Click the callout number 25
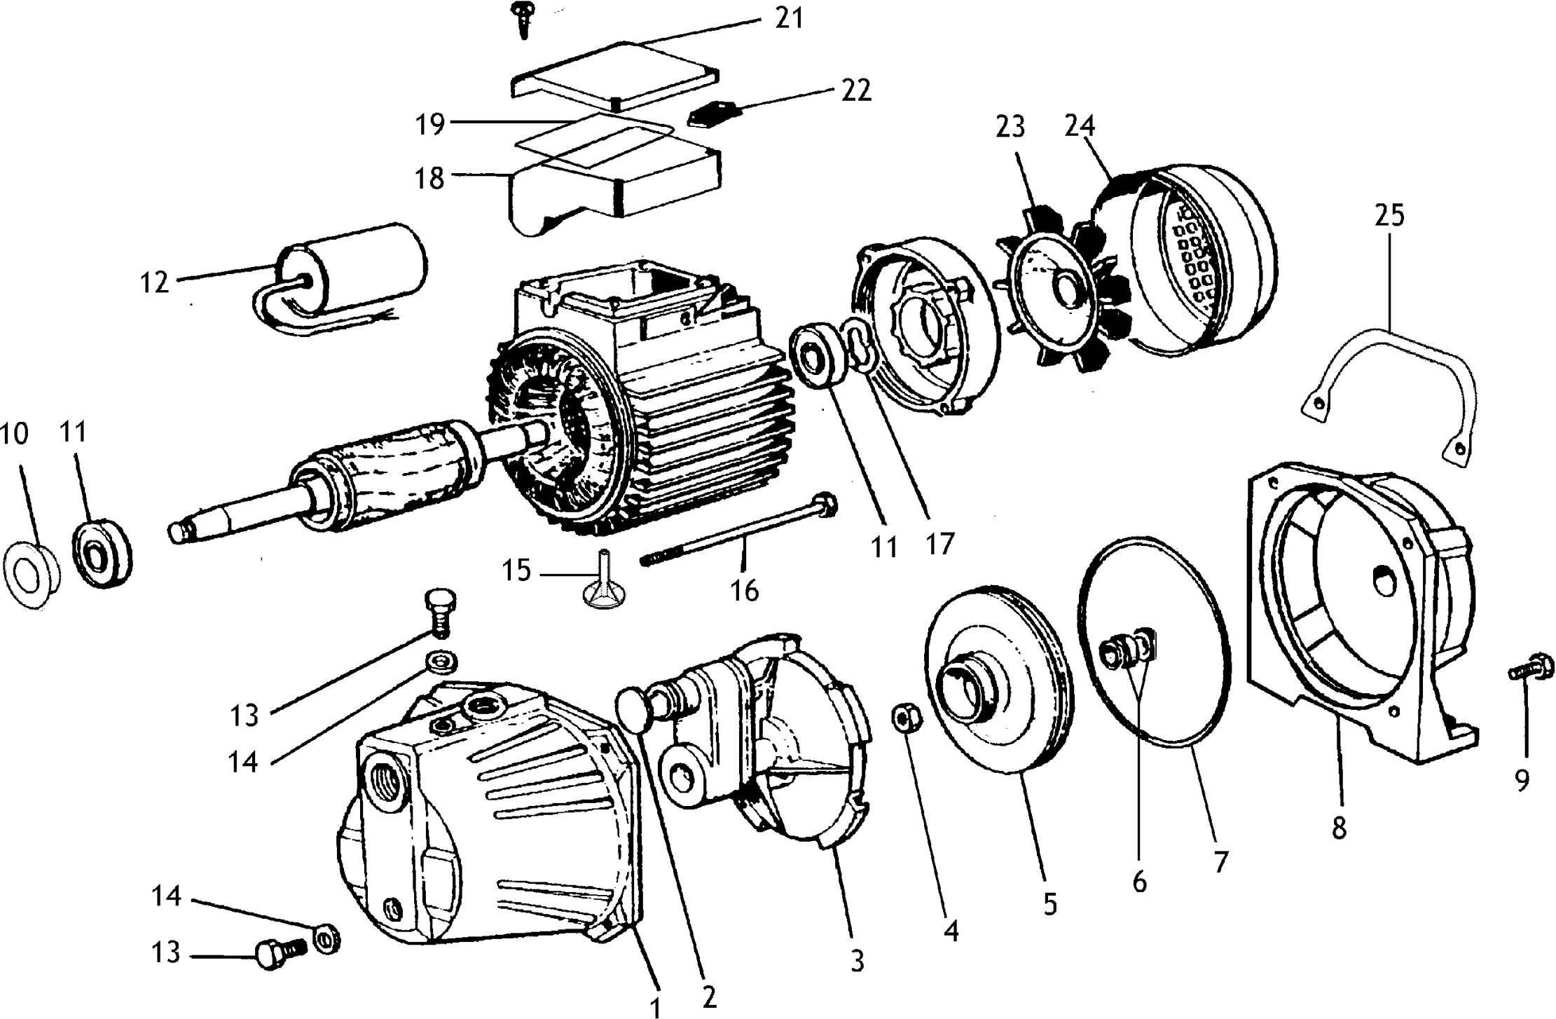(1389, 215)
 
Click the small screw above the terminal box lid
(524, 18)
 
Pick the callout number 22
(855, 91)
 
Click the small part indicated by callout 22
(712, 114)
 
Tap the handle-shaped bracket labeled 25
(1391, 364)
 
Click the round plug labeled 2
(635, 710)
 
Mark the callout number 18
(429, 178)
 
